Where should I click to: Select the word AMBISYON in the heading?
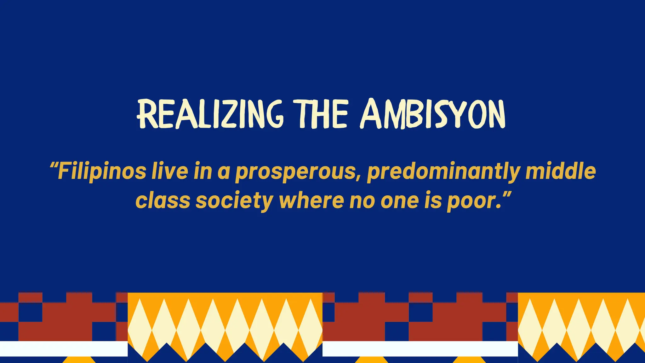433,114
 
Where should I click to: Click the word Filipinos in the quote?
101,171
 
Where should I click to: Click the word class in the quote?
163,200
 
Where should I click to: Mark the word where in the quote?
311,200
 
